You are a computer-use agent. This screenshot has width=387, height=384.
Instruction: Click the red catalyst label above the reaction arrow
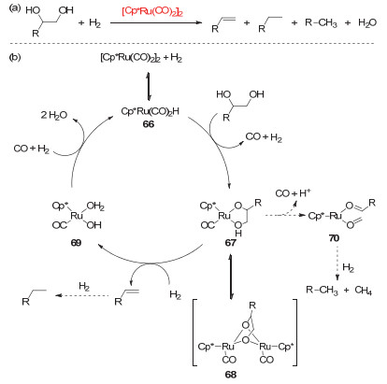click(x=152, y=11)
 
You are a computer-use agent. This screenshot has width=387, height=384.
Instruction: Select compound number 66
click(x=149, y=124)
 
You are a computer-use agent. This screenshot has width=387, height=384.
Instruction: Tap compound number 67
click(x=231, y=243)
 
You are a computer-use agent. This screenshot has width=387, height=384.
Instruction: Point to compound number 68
click(x=231, y=375)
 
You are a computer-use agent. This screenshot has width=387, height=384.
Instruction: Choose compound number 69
click(x=76, y=243)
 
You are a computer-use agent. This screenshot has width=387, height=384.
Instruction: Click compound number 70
click(x=334, y=238)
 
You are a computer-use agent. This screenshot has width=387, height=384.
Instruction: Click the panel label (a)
click(x=15, y=8)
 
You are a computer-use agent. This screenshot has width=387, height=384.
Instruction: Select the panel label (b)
click(x=15, y=57)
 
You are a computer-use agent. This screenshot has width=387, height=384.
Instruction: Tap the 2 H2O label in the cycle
click(x=54, y=116)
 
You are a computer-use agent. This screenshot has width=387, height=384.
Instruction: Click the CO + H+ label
click(x=293, y=193)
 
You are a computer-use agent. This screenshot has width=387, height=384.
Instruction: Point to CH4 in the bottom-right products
click(x=364, y=291)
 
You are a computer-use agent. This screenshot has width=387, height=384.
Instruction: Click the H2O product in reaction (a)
click(x=367, y=22)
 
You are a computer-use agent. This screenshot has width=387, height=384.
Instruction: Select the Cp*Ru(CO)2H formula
click(x=150, y=111)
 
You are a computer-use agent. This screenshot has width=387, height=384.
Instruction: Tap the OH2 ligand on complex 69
click(x=95, y=206)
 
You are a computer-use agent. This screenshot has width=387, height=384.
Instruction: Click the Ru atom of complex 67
click(x=224, y=216)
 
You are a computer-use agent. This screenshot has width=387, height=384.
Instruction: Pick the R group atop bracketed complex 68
click(x=252, y=306)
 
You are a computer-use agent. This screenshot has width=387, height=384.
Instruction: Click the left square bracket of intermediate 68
click(x=195, y=333)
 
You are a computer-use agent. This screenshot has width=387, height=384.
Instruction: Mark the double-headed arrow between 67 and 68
click(x=231, y=277)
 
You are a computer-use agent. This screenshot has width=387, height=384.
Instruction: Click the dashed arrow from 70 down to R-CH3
click(x=337, y=263)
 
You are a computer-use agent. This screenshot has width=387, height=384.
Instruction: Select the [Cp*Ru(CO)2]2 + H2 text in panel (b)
click(x=141, y=58)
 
